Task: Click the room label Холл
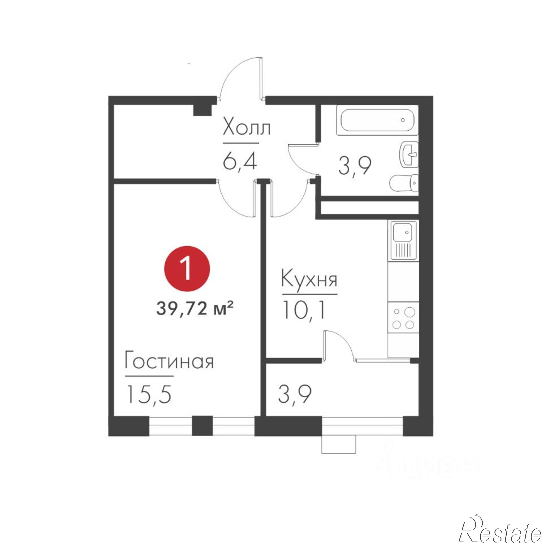click(x=246, y=129)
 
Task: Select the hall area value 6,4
click(x=239, y=161)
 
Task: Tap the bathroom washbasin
click(x=409, y=154)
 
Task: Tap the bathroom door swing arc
click(x=301, y=159)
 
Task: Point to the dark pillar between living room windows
click(x=202, y=426)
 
